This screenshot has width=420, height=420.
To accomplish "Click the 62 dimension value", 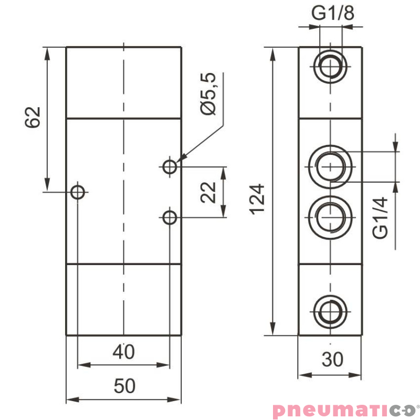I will [x=33, y=117].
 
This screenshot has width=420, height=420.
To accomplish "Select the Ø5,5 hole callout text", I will [x=208, y=94].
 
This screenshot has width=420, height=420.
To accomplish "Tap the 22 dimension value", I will [x=208, y=192].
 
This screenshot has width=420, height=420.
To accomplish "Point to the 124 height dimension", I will [x=256, y=199].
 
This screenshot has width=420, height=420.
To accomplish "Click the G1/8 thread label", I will [x=333, y=14].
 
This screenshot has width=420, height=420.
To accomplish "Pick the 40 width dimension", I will [x=124, y=352].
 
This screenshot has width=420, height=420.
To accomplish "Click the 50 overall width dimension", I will [x=124, y=386].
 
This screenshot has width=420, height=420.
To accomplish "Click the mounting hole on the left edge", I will [x=78, y=192].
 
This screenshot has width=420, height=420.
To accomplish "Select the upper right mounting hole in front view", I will [x=169, y=167].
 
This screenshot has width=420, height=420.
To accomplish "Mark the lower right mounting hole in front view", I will [x=169, y=217].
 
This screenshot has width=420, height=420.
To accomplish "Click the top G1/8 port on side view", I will [x=330, y=66].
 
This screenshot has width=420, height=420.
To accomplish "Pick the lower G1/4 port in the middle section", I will [x=330, y=217].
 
